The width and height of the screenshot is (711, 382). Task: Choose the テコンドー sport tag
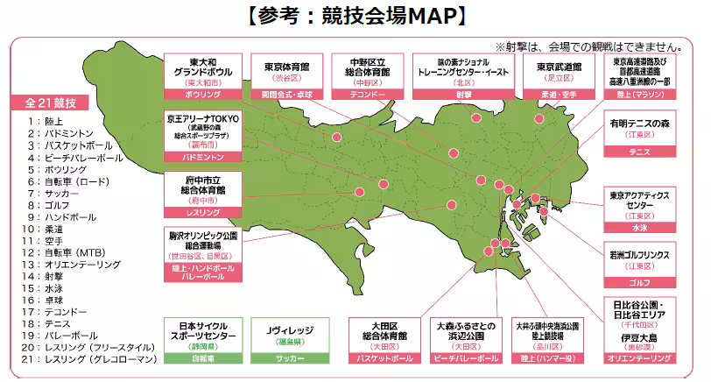(369, 92)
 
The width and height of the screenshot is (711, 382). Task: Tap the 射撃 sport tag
(461, 92)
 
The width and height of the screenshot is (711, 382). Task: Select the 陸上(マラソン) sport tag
(642, 92)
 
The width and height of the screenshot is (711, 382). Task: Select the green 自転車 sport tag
(202, 358)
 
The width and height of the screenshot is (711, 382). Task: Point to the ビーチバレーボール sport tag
(461, 358)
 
